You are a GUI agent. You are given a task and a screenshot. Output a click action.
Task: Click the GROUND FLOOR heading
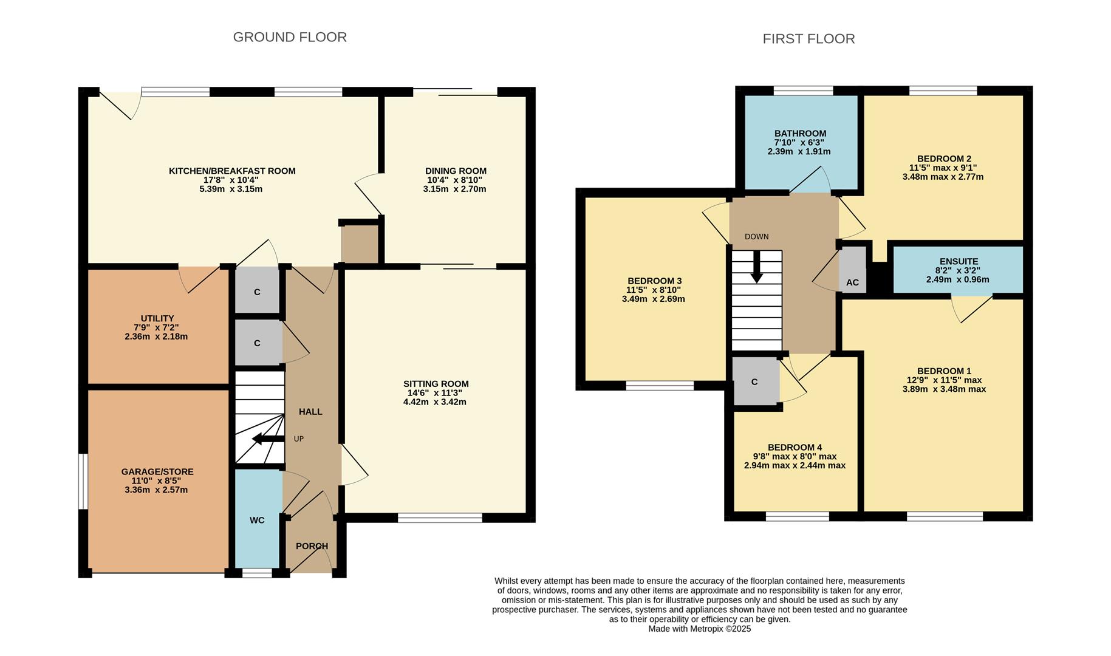[x=290, y=37]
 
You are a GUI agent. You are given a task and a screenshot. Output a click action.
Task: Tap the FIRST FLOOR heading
[x=808, y=39]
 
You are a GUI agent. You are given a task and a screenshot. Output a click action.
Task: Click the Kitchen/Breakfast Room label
[x=232, y=171]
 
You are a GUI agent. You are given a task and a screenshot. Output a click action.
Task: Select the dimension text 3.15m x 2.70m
[x=455, y=189]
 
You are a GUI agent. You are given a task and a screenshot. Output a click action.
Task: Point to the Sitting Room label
[x=436, y=383]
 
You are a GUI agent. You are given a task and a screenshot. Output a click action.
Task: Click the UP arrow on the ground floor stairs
[x=267, y=439]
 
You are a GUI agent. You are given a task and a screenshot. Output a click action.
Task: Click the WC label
[x=257, y=520]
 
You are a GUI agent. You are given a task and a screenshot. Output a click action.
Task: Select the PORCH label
[x=312, y=546]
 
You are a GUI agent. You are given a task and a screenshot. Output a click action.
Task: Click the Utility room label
[x=157, y=318]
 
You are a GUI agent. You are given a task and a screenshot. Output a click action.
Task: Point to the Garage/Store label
[x=157, y=471]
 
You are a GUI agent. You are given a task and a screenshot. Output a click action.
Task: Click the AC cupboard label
[x=852, y=282]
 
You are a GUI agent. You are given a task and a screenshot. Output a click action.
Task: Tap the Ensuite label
[x=959, y=261]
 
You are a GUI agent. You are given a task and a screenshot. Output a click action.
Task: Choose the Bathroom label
[x=800, y=133]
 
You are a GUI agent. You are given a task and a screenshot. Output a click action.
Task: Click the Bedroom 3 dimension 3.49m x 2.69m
[x=654, y=299]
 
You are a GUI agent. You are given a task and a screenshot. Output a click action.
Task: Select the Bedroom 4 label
[x=795, y=447]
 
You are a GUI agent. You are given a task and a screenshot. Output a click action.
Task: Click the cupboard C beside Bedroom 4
[x=754, y=381]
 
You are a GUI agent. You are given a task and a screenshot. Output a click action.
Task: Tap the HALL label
[x=310, y=411]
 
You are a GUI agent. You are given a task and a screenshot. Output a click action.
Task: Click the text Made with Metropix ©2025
[x=699, y=629]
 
